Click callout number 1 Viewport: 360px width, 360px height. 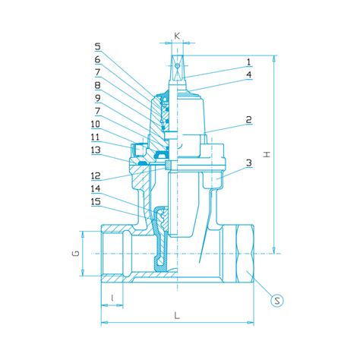point(248,62)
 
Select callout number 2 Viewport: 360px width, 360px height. point(248,119)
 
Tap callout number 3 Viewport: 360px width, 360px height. point(248,163)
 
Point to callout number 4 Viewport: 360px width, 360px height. point(248,74)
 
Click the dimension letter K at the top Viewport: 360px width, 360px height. point(177,36)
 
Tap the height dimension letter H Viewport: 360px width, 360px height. point(266,154)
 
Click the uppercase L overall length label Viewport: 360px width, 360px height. point(176,314)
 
